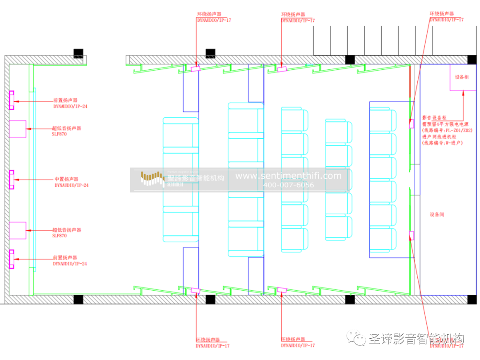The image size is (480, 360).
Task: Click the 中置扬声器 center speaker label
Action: [66, 180]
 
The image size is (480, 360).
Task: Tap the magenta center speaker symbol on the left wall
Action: [12, 180]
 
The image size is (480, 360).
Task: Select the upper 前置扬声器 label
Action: [65, 101]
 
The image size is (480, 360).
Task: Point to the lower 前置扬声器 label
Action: [65, 258]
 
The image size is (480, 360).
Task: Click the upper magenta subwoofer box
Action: [18, 129]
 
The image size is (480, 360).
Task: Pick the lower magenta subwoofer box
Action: [18, 230]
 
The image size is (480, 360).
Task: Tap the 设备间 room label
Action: [436, 215]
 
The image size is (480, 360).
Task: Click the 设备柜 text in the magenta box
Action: [461, 77]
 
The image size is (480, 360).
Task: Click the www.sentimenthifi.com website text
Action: [288, 176]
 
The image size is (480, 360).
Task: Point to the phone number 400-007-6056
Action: [288, 185]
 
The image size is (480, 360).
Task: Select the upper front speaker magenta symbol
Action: [12, 100]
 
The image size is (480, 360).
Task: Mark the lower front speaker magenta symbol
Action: [12, 259]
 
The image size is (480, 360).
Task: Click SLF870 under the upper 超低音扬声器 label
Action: [60, 134]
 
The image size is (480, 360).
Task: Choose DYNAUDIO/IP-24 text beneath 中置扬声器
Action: [72, 185]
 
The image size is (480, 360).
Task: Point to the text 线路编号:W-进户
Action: [442, 143]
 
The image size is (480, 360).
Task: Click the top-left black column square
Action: [79, 53]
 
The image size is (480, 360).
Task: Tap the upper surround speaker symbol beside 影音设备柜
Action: [412, 124]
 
